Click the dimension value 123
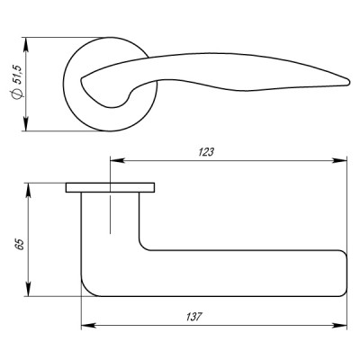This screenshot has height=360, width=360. pos(206,153)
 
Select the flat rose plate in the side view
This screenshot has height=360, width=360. pos(110,188)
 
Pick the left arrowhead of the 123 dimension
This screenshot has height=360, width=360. pos(113,163)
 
